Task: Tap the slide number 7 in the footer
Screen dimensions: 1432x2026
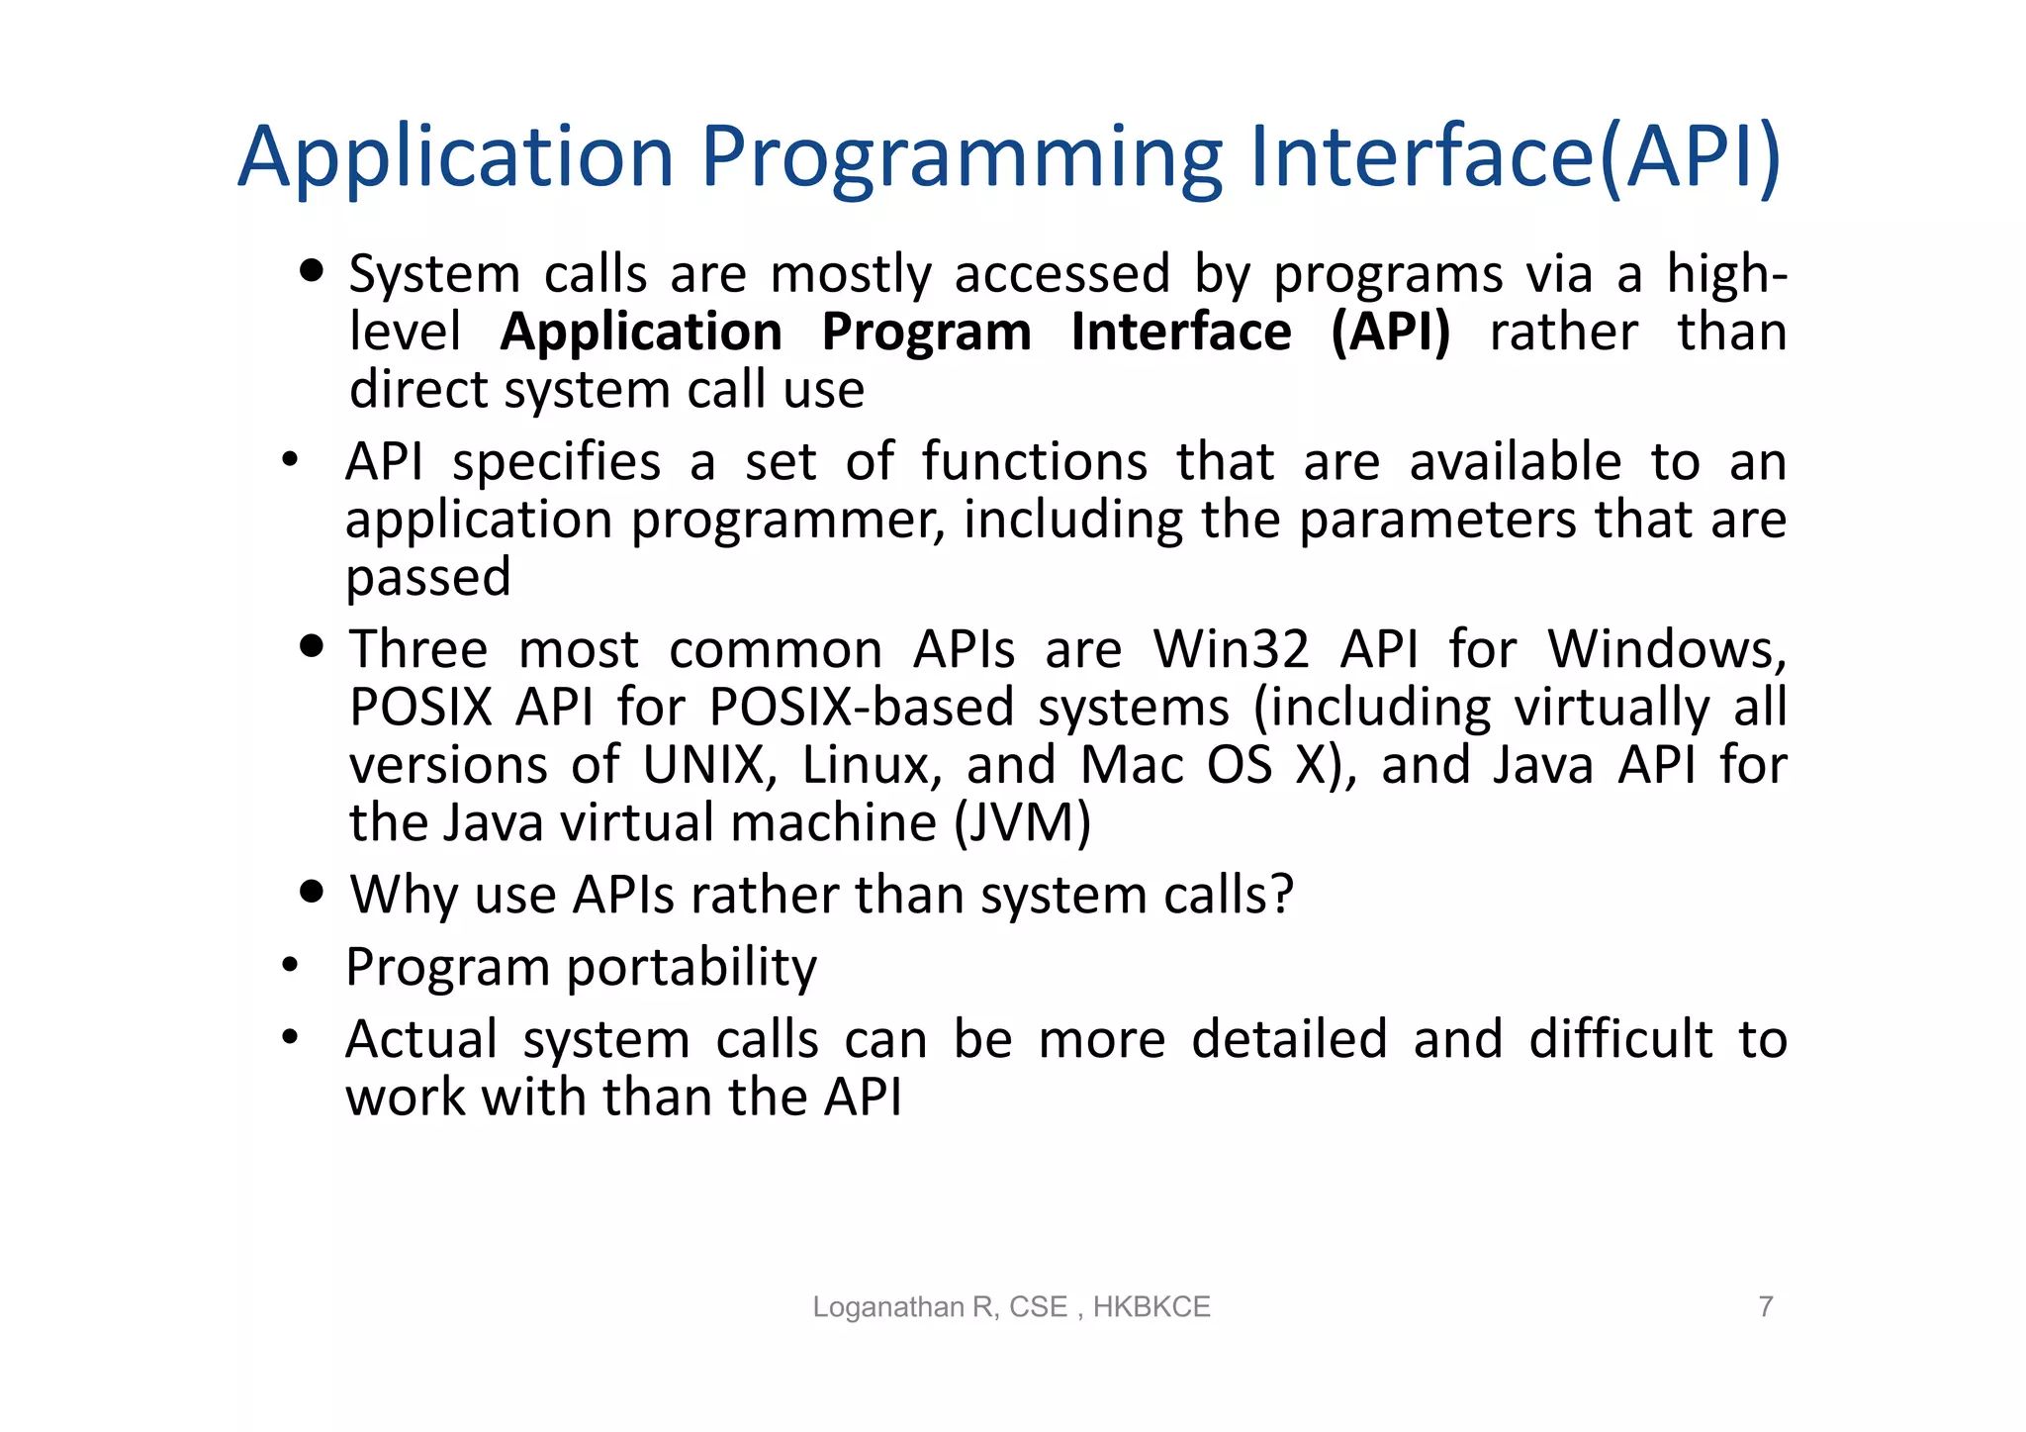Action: tap(1765, 1306)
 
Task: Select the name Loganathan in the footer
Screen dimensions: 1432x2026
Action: tap(889, 1307)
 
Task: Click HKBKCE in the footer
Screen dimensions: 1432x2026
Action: tap(1151, 1307)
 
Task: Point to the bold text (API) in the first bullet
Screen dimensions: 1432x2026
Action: tap(1390, 332)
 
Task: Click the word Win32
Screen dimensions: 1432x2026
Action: tap(1231, 650)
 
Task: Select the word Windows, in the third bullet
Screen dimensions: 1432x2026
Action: tap(1667, 650)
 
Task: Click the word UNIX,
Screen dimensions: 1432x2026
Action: tap(710, 765)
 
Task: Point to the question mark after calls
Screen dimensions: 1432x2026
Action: tap(1283, 894)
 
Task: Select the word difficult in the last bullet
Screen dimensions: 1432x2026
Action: tap(1620, 1039)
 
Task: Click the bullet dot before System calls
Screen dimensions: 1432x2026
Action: tap(312, 271)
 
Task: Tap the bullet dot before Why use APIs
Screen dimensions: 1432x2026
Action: tap(312, 892)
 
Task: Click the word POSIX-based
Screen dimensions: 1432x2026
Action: tap(862, 708)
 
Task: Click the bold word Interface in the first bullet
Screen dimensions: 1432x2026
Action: tap(1181, 332)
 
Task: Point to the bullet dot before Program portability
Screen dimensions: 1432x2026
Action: tap(290, 965)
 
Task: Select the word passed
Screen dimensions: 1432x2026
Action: tap(427, 577)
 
